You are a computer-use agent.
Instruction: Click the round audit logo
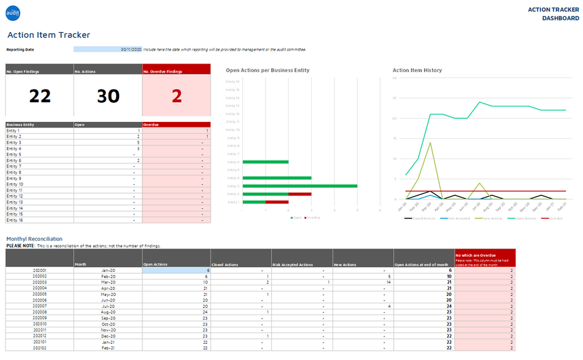click(x=13, y=11)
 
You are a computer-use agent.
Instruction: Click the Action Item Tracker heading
click(x=48, y=35)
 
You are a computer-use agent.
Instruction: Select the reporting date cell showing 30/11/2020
click(x=108, y=50)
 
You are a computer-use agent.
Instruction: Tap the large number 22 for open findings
click(x=40, y=96)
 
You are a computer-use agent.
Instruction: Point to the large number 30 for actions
click(x=108, y=96)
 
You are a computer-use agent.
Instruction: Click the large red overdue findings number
click(x=176, y=96)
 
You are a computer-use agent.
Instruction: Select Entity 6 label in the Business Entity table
click(x=14, y=160)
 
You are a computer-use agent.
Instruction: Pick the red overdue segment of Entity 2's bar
click(x=299, y=194)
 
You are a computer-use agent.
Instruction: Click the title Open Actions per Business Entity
click(x=267, y=70)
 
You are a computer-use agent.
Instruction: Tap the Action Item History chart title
click(x=417, y=70)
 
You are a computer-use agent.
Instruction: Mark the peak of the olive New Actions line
click(x=430, y=142)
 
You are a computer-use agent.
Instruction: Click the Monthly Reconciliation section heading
click(x=34, y=239)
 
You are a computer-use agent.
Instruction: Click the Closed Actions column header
click(x=225, y=265)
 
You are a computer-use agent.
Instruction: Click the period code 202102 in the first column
click(x=40, y=348)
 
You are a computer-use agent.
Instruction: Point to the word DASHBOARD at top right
click(x=560, y=18)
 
